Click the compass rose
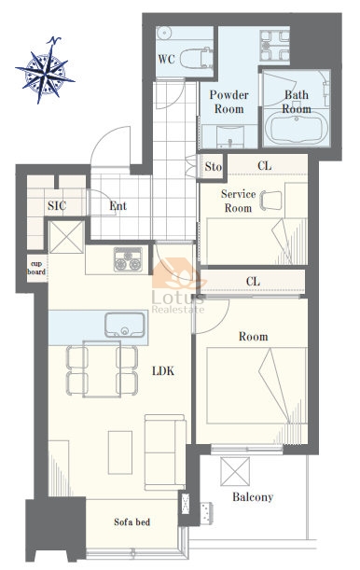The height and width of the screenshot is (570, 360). pyautogui.click(x=46, y=71)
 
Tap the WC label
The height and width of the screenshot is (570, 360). pyautogui.click(x=166, y=59)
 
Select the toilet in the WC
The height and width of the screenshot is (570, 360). pyautogui.click(x=196, y=58)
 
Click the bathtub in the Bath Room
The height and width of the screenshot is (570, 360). pyautogui.click(x=297, y=128)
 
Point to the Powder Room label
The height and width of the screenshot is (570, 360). pyautogui.click(x=229, y=102)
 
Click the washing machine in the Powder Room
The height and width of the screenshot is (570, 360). pyautogui.click(x=274, y=46)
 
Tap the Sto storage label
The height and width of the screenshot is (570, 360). pyautogui.click(x=213, y=167)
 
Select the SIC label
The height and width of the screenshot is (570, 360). pyautogui.click(x=57, y=206)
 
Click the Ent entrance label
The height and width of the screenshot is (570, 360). pyautogui.click(x=118, y=206)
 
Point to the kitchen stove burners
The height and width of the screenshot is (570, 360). pyautogui.click(x=128, y=259)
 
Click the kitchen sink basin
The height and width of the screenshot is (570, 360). pyautogui.click(x=125, y=325)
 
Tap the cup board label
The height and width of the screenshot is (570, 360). pyautogui.click(x=36, y=268)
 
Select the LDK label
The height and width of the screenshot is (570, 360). pyautogui.click(x=163, y=370)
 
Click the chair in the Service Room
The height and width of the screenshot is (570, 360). pyautogui.click(x=271, y=201)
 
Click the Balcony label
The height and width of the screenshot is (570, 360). pyautogui.click(x=253, y=496)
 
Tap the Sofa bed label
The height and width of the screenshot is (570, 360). pyautogui.click(x=132, y=522)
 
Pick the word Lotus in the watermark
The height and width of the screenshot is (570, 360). pyautogui.click(x=177, y=298)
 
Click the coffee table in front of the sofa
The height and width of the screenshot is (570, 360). pyautogui.click(x=120, y=452)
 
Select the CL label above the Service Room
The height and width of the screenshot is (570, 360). pyautogui.click(x=265, y=166)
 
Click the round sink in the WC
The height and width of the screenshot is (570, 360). pyautogui.click(x=164, y=33)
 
